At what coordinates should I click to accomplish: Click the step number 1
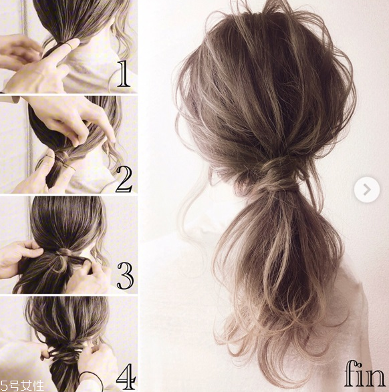coord(124,74)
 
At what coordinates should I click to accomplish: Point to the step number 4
coord(126,377)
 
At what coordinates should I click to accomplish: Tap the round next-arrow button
coord(367,190)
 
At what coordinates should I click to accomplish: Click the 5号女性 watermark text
coord(22,386)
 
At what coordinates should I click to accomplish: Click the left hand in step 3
coord(19,258)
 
